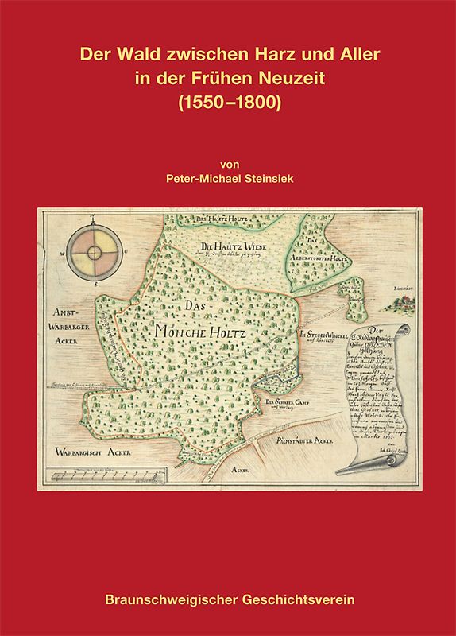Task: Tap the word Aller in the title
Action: click(358, 56)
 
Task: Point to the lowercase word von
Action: click(228, 165)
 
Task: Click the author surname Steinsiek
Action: click(272, 180)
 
